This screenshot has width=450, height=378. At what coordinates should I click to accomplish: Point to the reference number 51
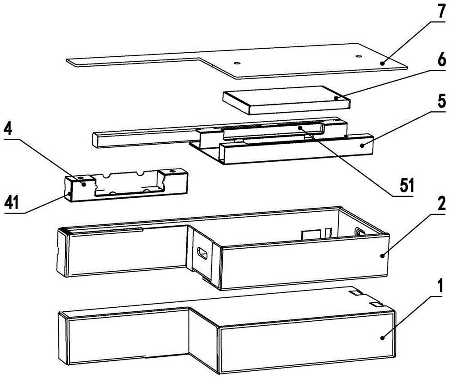[406, 185]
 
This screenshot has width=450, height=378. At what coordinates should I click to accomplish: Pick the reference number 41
[11, 203]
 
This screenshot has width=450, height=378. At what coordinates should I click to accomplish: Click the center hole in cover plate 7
[237, 63]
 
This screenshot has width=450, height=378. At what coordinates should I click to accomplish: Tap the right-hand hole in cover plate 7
[358, 56]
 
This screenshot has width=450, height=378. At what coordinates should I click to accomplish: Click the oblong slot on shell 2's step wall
[203, 254]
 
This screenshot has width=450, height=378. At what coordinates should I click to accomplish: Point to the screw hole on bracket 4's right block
[172, 171]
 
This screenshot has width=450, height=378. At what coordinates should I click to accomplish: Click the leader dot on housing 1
[382, 338]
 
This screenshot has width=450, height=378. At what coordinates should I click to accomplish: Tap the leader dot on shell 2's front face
[382, 255]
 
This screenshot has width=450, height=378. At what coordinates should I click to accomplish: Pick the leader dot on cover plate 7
[382, 64]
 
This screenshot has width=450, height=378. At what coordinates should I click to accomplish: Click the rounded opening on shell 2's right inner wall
[360, 231]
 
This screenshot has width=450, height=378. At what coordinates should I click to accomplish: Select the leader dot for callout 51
[300, 127]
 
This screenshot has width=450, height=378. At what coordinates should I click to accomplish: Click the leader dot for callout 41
[69, 194]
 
